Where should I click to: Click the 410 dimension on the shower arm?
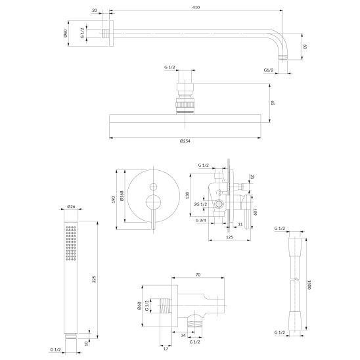click(x=196, y=7)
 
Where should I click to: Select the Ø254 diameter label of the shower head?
click(x=185, y=141)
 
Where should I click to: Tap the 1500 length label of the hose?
click(x=309, y=284)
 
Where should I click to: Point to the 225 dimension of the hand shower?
click(x=94, y=279)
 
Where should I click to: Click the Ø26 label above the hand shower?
click(x=71, y=207)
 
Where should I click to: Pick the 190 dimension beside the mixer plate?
click(x=113, y=200)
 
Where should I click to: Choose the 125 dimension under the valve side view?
click(x=229, y=237)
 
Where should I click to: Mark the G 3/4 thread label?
click(x=201, y=221)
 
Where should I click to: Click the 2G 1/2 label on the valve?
click(x=200, y=204)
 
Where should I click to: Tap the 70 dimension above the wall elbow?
click(x=198, y=275)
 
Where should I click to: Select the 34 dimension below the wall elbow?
click(x=183, y=336)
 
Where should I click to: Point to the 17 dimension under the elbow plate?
click(x=166, y=349)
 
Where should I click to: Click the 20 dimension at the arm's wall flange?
click(x=95, y=11)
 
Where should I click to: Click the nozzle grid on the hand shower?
click(x=71, y=243)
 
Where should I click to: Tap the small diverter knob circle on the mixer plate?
click(x=153, y=187)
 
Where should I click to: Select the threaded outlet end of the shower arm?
click(x=283, y=57)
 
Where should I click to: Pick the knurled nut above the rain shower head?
click(x=185, y=105)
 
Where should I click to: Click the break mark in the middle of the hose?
click(x=298, y=280)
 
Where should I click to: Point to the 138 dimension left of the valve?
click(x=187, y=195)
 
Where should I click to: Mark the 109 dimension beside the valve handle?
click(x=255, y=212)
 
